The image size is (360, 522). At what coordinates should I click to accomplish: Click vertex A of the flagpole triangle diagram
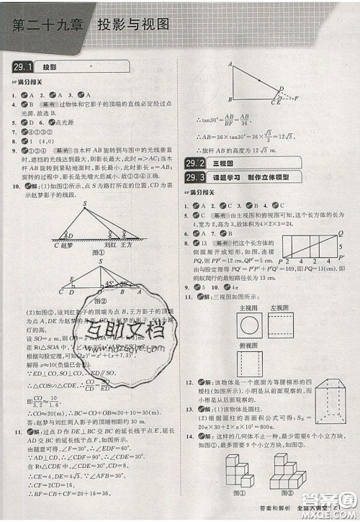230,65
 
